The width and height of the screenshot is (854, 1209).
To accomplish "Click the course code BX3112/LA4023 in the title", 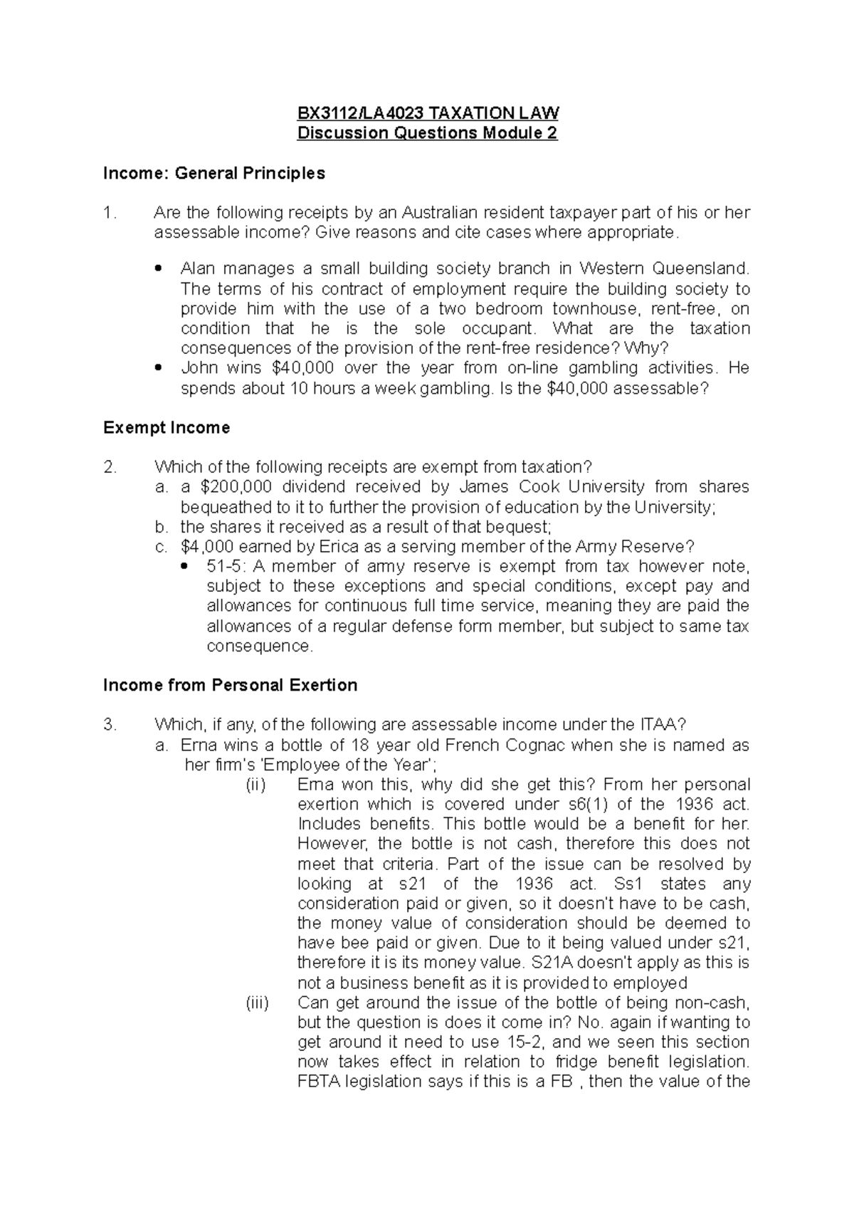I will pyautogui.click(x=341, y=113).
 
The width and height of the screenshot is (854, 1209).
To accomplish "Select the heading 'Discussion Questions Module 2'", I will pyautogui.click(x=427, y=133).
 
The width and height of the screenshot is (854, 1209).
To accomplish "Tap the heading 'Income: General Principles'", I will pyautogui.click(x=214, y=173).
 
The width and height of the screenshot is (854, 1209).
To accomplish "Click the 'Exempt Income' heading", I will pyautogui.click(x=167, y=428).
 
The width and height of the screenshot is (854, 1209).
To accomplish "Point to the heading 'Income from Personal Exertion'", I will pyautogui.click(x=230, y=686).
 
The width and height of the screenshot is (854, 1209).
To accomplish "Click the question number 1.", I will pyautogui.click(x=107, y=212).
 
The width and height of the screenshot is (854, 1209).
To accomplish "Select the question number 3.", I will pyautogui.click(x=108, y=725).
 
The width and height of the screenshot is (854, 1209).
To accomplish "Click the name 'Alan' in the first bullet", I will pyautogui.click(x=197, y=269).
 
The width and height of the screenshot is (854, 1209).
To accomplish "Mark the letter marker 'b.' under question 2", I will pyautogui.click(x=162, y=527).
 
